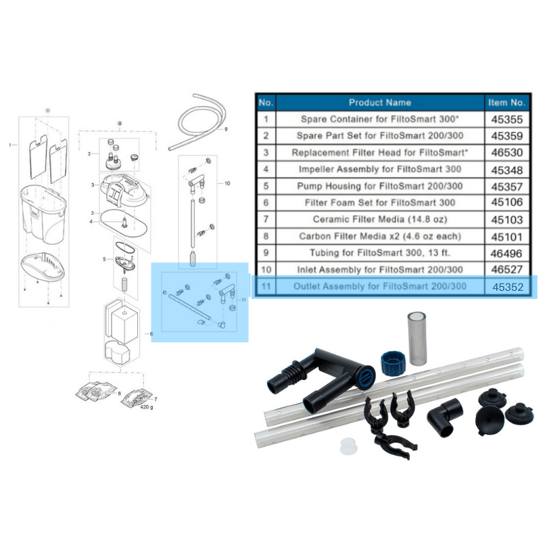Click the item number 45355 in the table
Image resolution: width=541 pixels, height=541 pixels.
click(x=507, y=119)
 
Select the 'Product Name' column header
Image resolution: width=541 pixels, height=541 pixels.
click(x=379, y=102)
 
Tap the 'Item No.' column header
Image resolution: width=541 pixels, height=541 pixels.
click(x=507, y=102)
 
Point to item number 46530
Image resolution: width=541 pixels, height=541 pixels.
click(x=507, y=153)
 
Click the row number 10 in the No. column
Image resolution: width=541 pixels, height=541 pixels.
click(x=266, y=270)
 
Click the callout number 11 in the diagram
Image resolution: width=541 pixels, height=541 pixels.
click(x=244, y=299)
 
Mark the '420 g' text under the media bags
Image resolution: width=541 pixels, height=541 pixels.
click(x=145, y=408)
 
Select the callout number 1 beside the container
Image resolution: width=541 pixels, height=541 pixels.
click(x=10, y=145)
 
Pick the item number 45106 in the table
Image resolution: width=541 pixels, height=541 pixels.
click(x=507, y=203)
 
